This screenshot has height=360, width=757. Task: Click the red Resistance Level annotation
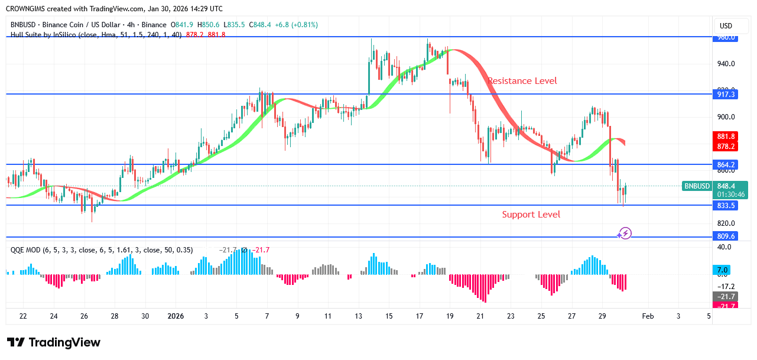pos(522,81)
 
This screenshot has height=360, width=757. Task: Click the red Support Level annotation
pos(531,215)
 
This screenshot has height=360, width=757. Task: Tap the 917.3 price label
pos(726,94)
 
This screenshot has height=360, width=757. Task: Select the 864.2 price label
pos(726,164)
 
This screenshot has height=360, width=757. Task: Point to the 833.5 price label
pos(726,206)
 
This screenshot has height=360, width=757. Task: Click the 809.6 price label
pos(726,236)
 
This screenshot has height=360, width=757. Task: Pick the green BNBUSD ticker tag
pos(697,186)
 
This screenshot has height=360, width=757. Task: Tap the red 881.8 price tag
pos(726,137)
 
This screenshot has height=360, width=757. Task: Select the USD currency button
pos(726,26)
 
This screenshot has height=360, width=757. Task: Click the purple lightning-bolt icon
pos(625,233)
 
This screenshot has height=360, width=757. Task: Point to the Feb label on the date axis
pos(648,316)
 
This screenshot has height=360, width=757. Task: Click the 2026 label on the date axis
pos(176,316)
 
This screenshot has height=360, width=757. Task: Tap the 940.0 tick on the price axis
pos(726,64)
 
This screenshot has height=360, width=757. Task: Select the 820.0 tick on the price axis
pos(726,223)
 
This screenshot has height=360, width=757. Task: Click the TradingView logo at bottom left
pos(54,342)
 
